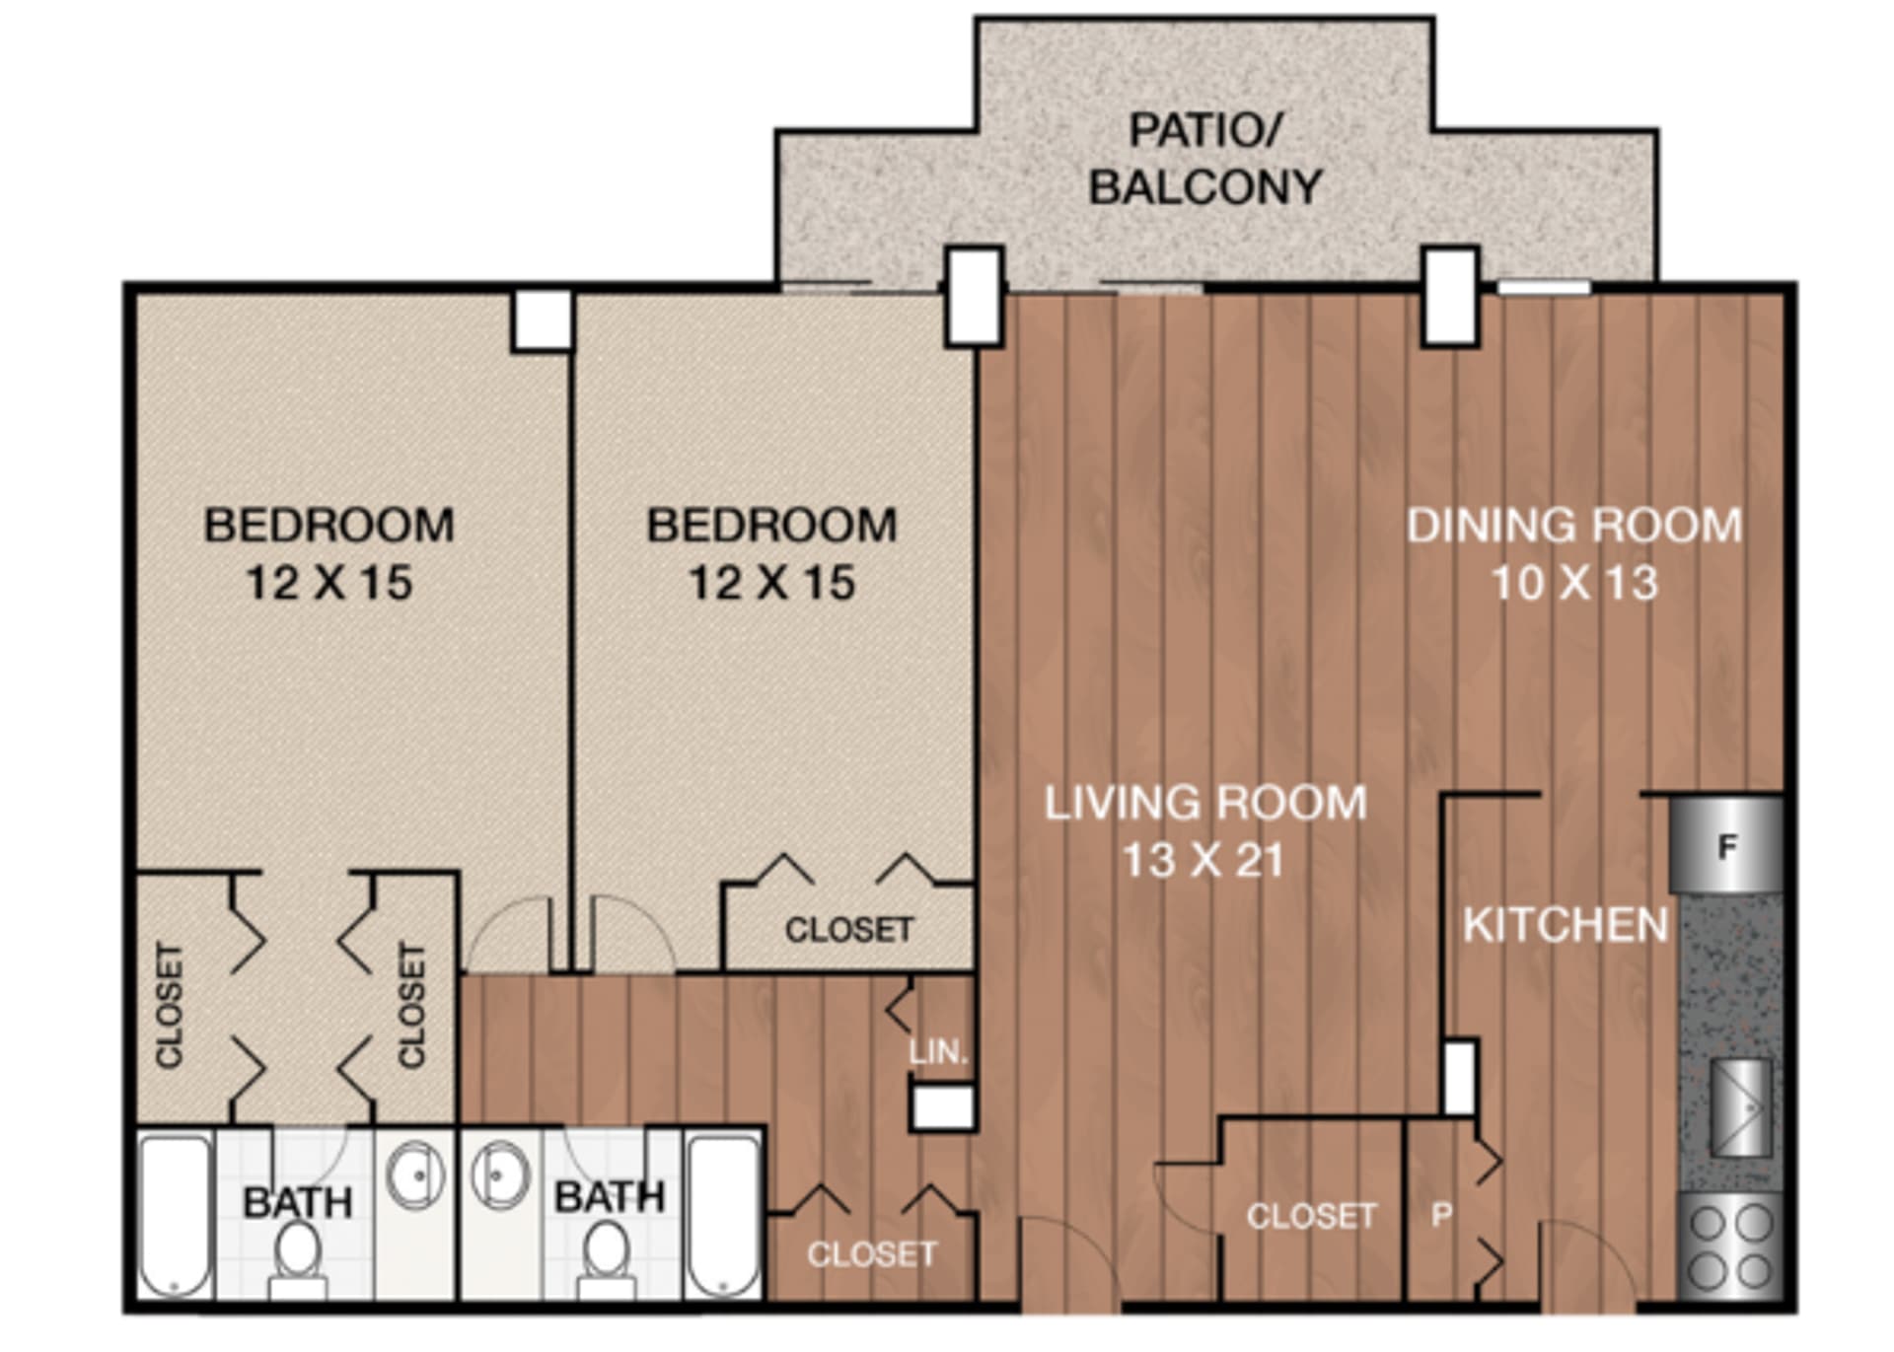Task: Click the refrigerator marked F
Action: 1726,846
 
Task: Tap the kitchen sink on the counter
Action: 1740,1107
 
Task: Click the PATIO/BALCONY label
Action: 1204,159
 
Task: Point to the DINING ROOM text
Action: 1574,526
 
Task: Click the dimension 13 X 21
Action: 1204,861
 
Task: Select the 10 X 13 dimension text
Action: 1574,583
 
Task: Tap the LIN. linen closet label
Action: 938,1052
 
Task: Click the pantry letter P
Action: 1441,1215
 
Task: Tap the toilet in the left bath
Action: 297,1258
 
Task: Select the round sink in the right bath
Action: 499,1174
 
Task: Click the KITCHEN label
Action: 1566,925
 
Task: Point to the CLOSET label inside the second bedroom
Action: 848,930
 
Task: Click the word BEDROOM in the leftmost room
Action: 328,526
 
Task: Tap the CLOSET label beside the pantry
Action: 1311,1216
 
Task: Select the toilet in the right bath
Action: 606,1258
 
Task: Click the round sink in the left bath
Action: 414,1174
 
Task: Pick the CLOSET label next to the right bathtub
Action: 871,1254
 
